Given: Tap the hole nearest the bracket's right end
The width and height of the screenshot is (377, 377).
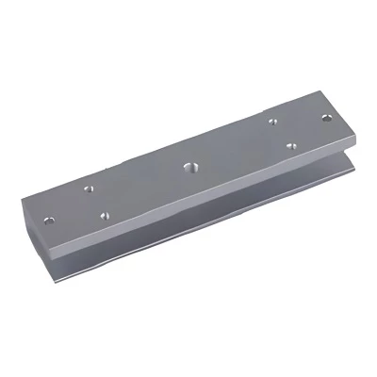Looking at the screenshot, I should point(327,119).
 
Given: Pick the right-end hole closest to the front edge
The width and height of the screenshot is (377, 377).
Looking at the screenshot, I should point(292,147).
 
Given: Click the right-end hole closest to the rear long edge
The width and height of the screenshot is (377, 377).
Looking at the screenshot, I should point(271,122).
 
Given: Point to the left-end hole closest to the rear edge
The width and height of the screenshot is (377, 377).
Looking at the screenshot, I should point(90,188).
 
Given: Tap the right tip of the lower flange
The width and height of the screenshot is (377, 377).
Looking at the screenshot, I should point(354,171).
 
